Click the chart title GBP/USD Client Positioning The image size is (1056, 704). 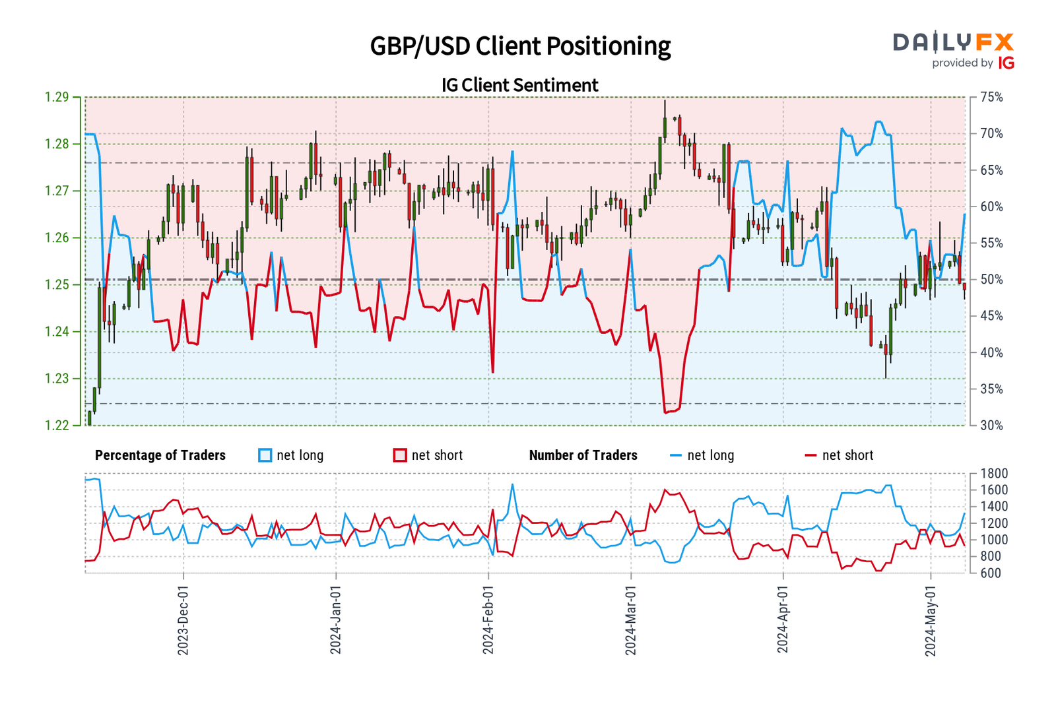click(x=520, y=46)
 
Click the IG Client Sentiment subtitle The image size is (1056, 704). click(x=520, y=85)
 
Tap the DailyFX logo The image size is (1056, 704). click(x=953, y=50)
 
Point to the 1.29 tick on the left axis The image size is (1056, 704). click(x=57, y=98)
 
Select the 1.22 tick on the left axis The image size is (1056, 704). click(x=57, y=426)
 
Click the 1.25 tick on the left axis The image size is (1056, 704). click(x=57, y=285)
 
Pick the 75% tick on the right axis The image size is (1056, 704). click(x=991, y=98)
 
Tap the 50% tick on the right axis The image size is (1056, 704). click(x=991, y=280)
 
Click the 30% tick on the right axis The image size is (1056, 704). click(x=991, y=426)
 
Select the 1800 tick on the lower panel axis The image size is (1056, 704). click(x=994, y=474)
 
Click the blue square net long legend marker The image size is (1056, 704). click(x=265, y=455)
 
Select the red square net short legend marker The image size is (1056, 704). click(x=400, y=455)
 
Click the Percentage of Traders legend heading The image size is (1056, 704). click(x=160, y=455)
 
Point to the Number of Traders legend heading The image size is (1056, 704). click(x=583, y=455)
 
